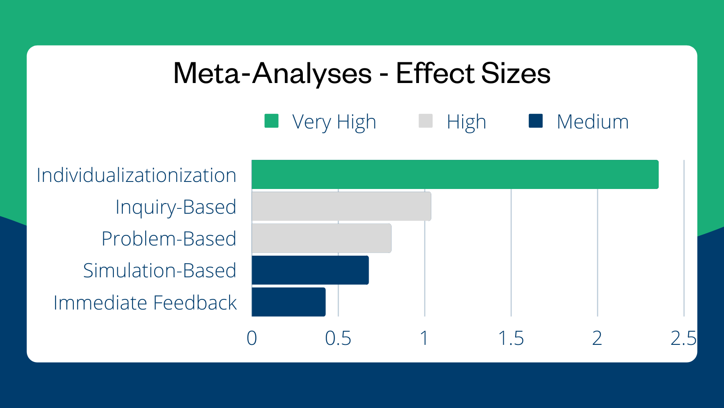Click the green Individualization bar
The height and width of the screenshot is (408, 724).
click(455, 174)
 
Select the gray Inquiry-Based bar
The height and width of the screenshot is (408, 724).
click(341, 206)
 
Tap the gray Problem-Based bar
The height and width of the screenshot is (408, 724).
click(321, 238)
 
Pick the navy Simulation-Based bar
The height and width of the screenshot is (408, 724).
click(310, 270)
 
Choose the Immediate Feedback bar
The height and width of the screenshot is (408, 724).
click(288, 302)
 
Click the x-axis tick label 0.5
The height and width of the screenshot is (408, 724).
click(338, 339)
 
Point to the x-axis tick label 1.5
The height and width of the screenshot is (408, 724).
click(511, 339)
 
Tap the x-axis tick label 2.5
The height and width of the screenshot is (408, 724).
click(683, 339)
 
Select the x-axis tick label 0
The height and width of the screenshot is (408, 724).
click(252, 339)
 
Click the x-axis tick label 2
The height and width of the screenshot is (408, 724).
click(597, 339)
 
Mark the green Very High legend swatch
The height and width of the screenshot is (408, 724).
click(271, 121)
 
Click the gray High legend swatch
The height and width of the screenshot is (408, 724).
click(426, 121)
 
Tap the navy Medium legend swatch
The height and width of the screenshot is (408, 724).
click(535, 121)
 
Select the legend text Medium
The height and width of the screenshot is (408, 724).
click(592, 122)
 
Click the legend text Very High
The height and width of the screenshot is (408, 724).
click(334, 122)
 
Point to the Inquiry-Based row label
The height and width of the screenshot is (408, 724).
click(176, 207)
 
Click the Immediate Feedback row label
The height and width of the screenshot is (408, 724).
click(145, 303)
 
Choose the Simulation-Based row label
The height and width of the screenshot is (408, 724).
click(160, 271)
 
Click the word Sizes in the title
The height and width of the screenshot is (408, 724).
click(516, 73)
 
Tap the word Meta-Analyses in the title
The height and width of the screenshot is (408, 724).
click(272, 73)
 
